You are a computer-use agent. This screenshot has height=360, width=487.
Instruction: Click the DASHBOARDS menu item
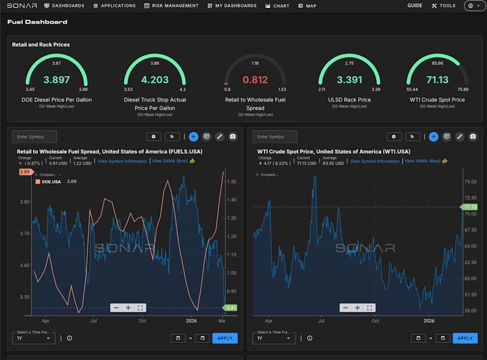coord(64,6)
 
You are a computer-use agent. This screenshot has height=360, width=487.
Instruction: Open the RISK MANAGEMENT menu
coord(171,6)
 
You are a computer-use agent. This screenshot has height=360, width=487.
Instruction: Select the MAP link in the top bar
coord(307,6)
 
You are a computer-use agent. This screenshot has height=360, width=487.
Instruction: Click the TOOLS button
coord(444,6)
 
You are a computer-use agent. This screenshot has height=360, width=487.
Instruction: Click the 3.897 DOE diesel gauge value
coord(56,80)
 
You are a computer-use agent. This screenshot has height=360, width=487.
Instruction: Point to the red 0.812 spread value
coord(255,80)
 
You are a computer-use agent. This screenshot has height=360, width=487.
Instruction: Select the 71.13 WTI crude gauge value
coord(437,80)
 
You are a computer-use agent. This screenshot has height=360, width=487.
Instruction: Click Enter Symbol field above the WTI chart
coord(274,136)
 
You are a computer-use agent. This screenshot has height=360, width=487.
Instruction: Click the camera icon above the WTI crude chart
coord(473,136)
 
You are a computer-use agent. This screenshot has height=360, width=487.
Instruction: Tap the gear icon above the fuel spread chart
coord(154,136)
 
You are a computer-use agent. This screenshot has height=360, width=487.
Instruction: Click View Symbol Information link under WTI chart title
coord(374,161)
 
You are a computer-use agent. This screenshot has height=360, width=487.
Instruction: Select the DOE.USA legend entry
coord(51,182)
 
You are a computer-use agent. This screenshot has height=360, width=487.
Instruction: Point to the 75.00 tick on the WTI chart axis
coord(470,182)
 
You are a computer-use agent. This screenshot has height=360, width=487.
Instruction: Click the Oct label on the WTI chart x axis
coord(375,321)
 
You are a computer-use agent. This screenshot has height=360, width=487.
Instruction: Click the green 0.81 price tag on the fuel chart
coord(231,308)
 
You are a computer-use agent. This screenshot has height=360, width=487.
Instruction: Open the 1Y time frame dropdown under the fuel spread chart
coord(33,338)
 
